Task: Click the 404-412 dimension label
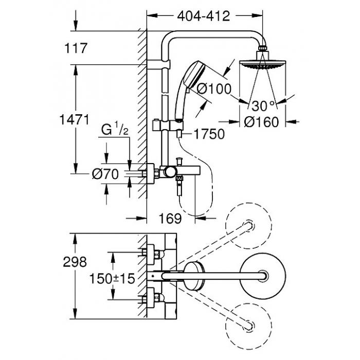204,16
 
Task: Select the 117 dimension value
76,48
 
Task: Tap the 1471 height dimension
74,120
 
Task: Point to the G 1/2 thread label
115,130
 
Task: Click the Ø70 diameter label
105,174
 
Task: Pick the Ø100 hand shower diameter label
214,88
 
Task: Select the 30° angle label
263,106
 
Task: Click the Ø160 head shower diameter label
261,122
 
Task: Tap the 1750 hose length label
209,134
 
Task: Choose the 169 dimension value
170,219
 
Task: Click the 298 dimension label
75,262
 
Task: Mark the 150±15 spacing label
112,279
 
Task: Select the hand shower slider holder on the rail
168,125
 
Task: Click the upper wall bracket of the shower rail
159,64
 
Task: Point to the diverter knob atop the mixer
179,160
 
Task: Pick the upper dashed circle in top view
249,225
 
